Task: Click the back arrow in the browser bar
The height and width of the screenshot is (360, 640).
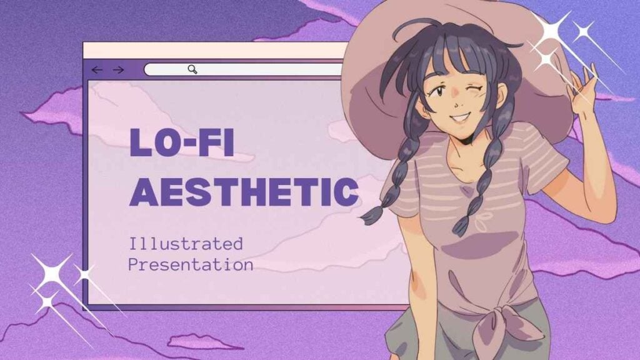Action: [x=97, y=70]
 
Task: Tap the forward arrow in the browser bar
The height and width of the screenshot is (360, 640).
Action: [x=118, y=70]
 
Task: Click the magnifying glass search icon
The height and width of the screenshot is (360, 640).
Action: [x=192, y=69]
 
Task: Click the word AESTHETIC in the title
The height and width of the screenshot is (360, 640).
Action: [x=244, y=191]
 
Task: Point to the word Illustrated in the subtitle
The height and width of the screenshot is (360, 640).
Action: [x=186, y=244]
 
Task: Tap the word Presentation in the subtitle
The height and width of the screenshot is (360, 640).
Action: [x=191, y=264]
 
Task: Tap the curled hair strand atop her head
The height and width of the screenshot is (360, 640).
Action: [x=404, y=29]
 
